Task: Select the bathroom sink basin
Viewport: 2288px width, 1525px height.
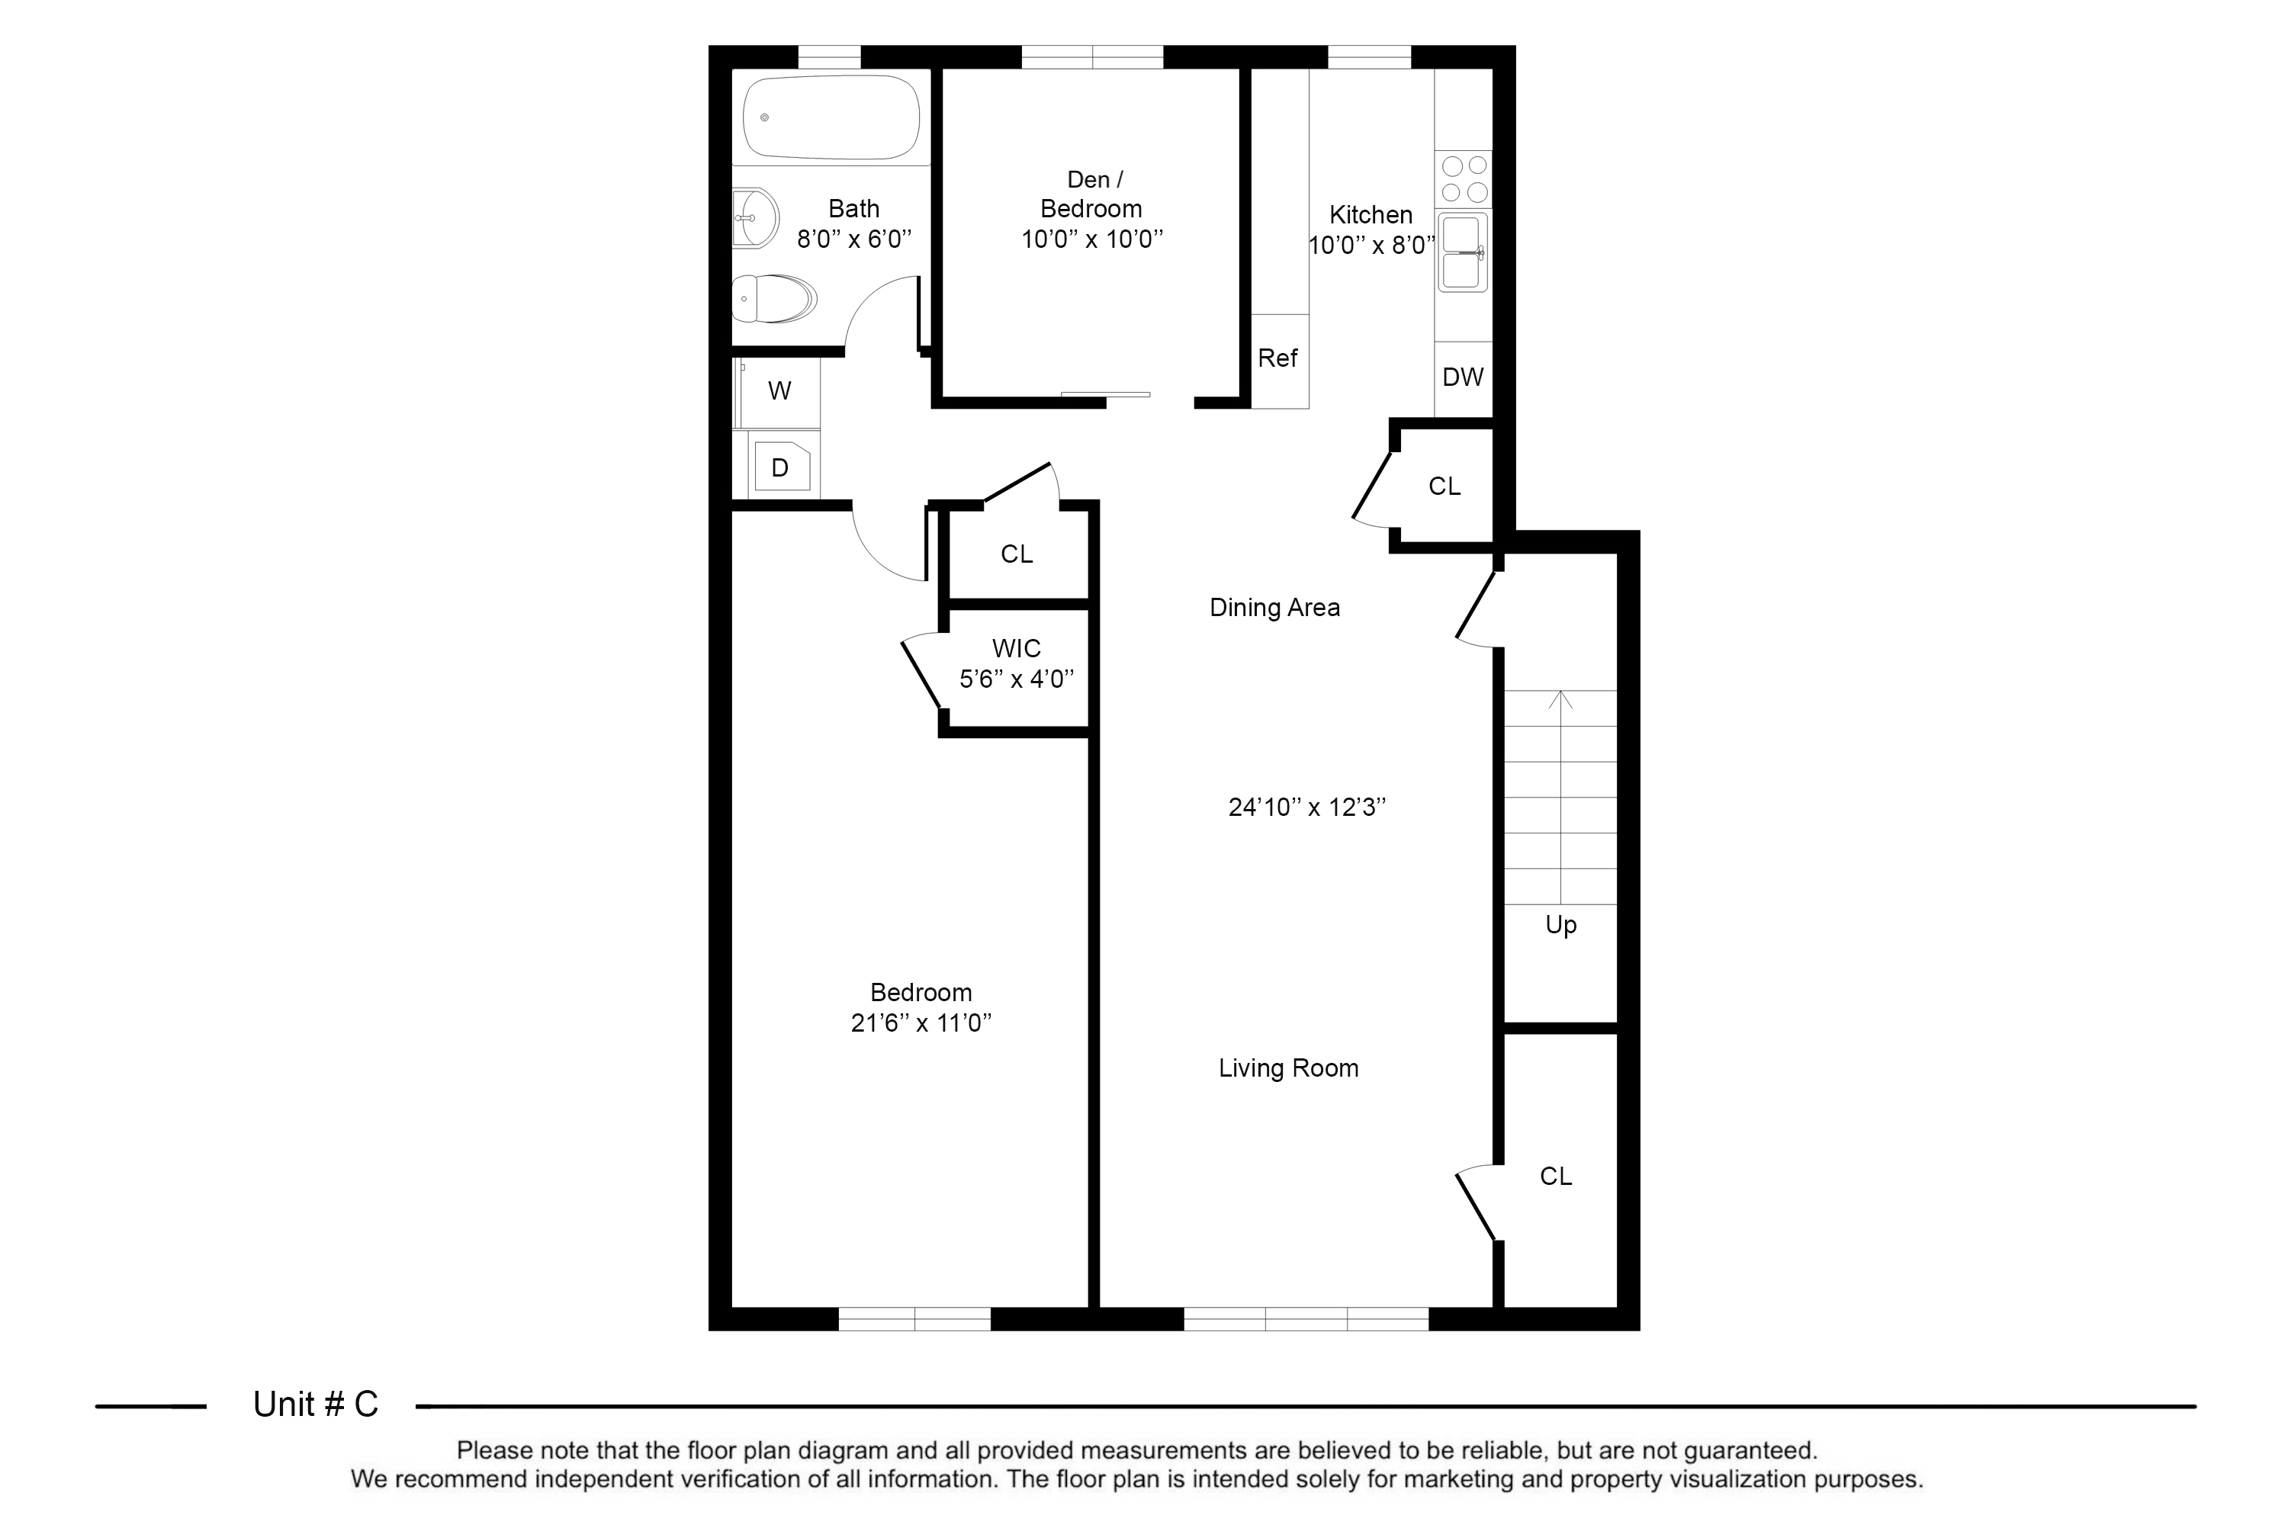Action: (x=756, y=218)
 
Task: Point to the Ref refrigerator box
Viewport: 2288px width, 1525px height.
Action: (x=1279, y=361)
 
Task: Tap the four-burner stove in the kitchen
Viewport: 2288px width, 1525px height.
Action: (x=1464, y=179)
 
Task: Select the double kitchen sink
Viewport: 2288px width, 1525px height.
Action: (x=1462, y=252)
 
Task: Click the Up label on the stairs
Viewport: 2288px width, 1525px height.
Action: (x=1560, y=925)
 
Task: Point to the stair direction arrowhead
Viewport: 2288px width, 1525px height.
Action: (x=1560, y=698)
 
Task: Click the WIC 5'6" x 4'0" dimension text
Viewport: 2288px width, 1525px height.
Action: (x=1017, y=679)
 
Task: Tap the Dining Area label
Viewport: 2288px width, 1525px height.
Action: (x=1274, y=608)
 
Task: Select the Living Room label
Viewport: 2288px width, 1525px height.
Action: (x=1288, y=1068)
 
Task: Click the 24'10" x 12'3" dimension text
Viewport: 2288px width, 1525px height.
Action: (x=1306, y=807)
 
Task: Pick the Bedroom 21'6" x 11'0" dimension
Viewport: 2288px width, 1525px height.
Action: (x=921, y=1023)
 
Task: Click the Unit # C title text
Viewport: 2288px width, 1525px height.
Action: (x=315, y=1405)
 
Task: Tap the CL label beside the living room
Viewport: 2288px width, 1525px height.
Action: (x=1556, y=1177)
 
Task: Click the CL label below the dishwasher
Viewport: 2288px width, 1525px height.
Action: (x=1444, y=486)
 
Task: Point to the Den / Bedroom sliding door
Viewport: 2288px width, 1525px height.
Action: (x=1105, y=394)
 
